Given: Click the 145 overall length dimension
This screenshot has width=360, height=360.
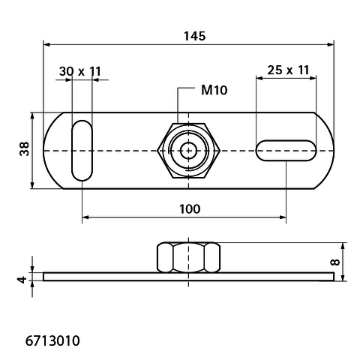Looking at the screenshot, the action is click(195, 36).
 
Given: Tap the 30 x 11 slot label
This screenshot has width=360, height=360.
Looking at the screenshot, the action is click(80, 71).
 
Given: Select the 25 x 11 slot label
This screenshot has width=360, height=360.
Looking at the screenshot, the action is click(288, 70).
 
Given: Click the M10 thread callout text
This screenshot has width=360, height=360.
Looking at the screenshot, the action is click(214, 90).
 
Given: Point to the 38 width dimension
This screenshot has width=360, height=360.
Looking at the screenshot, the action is click(25, 149).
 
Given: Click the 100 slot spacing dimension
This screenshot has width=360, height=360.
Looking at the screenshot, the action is click(190, 209).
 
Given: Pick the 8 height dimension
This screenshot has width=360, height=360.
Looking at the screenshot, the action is click(335, 262).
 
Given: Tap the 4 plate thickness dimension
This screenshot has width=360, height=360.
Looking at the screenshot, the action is click(22, 279).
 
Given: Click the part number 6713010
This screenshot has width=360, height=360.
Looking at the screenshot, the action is click(52, 340).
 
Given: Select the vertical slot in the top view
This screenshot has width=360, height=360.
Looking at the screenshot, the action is click(82, 151).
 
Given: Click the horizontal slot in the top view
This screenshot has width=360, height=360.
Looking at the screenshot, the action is click(286, 151).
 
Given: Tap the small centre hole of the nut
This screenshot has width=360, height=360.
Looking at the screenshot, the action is click(188, 151).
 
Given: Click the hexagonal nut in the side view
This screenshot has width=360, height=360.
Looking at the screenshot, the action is click(188, 257).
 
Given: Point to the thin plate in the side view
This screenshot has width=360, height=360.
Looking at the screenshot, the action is click(188, 277).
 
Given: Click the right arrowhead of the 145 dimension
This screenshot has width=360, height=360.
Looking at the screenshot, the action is click(331, 45).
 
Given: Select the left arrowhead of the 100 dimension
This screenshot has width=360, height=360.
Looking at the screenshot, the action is click(85, 217).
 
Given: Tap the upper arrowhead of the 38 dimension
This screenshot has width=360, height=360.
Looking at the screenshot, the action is click(32, 116).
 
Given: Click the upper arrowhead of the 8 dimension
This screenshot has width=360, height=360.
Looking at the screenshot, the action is click(343, 246).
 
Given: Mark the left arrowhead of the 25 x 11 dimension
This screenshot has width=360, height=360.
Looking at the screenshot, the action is click(259, 78).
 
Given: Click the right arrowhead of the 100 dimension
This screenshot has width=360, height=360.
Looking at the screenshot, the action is click(283, 217).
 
